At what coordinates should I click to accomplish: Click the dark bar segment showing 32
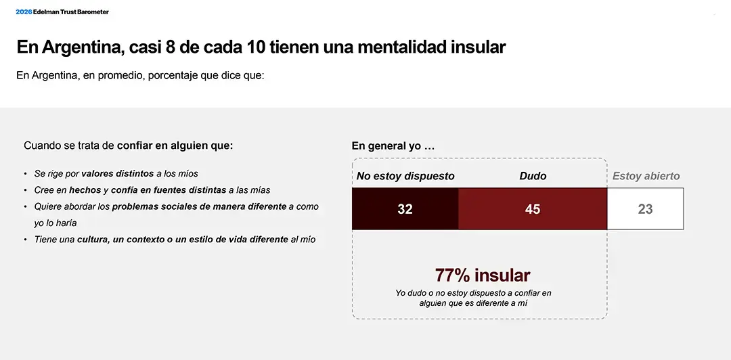[405, 209]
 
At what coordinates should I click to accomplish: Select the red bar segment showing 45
[533, 209]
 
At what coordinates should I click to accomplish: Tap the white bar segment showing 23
[645, 209]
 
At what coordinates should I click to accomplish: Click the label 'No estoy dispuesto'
[405, 176]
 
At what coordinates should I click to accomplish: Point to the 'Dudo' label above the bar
[533, 176]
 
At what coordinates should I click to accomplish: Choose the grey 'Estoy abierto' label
[646, 176]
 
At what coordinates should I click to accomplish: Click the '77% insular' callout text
[482, 275]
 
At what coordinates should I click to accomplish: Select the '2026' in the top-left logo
[24, 12]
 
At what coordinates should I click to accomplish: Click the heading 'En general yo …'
[393, 146]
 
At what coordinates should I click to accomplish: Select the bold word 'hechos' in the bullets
[85, 190]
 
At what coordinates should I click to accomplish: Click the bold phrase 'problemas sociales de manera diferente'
[199, 206]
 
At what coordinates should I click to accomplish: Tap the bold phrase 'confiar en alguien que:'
[175, 145]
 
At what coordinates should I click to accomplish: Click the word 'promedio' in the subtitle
[106, 76]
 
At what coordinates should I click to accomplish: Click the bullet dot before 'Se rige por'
[26, 175]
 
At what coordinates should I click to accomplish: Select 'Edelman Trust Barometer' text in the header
[71, 12]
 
